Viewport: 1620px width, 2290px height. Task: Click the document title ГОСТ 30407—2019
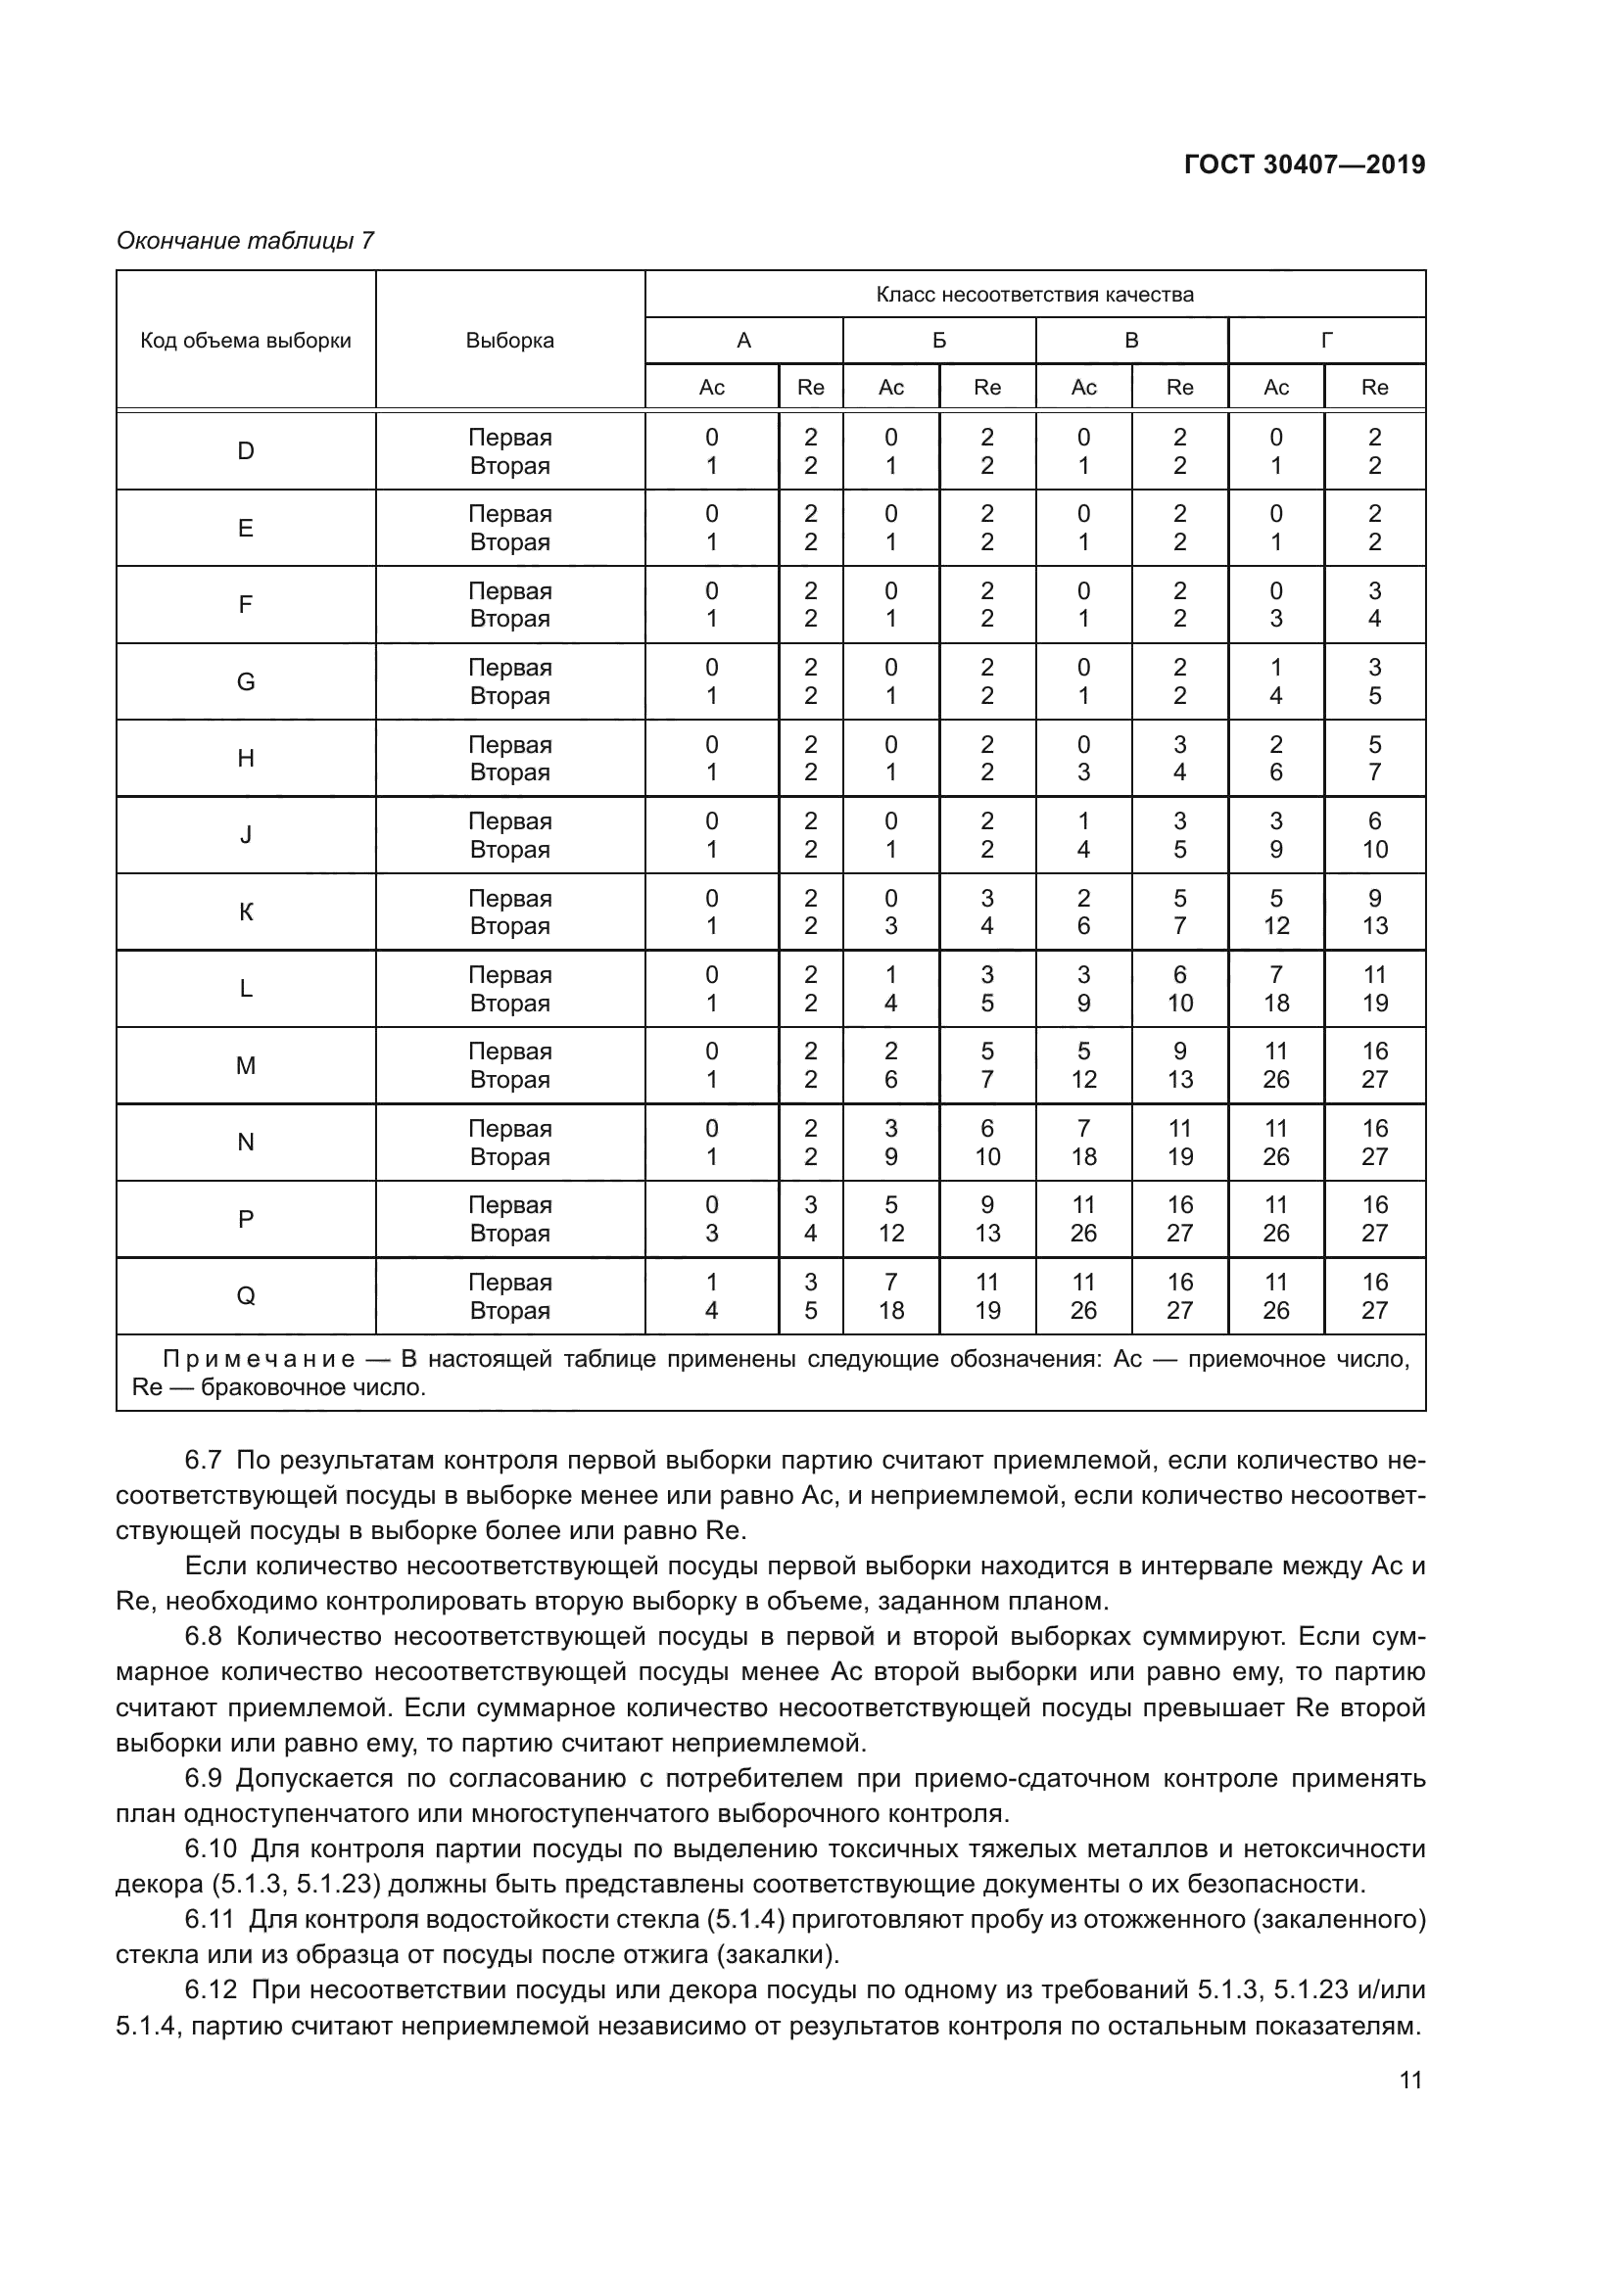[1304, 164]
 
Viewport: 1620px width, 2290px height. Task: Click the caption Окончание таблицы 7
[246, 241]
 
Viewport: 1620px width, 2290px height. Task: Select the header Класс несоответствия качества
[1034, 295]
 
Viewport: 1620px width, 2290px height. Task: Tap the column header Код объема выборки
[246, 340]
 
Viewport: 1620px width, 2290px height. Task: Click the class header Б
[938, 340]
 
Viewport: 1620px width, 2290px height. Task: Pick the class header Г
[1326, 340]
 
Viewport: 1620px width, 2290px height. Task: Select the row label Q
[246, 1295]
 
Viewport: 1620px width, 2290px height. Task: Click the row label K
[246, 911]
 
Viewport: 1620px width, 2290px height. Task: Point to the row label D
[246, 450]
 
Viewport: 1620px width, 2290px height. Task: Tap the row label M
[246, 1065]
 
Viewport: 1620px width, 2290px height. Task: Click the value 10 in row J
[1374, 850]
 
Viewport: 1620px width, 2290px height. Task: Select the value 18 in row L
[1276, 1004]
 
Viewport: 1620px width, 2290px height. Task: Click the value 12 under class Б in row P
[890, 1234]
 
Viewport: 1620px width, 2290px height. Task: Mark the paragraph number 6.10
[210, 1849]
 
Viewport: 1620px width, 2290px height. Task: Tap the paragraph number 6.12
[210, 1989]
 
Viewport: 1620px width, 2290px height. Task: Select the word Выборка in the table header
[509, 340]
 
